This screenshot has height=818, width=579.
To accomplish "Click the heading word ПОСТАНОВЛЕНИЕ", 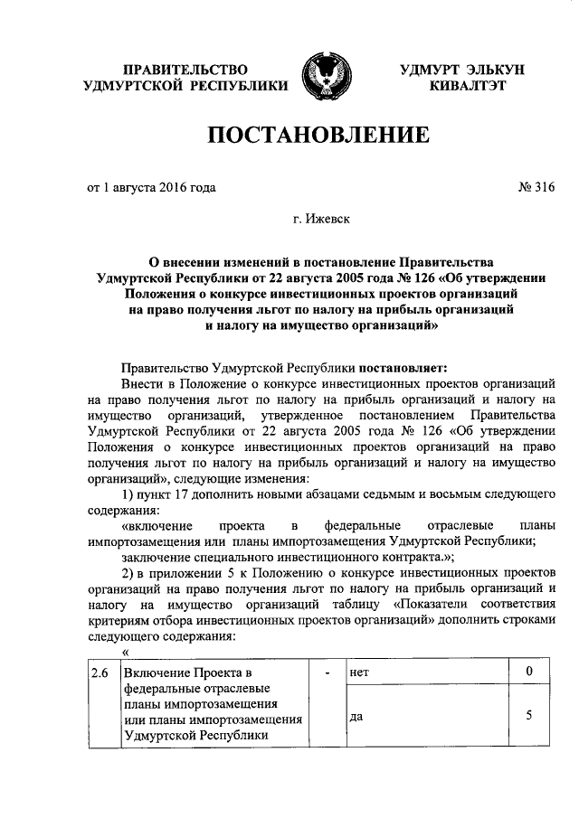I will [x=318, y=136].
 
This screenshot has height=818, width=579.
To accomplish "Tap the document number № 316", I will [x=535, y=188].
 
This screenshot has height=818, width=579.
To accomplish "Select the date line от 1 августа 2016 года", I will [x=152, y=188].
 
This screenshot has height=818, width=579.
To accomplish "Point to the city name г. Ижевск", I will [x=320, y=218].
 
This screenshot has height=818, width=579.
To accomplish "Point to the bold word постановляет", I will [x=403, y=367].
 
